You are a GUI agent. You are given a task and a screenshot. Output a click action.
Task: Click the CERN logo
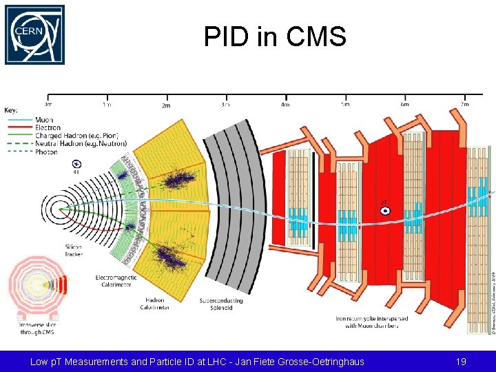34,35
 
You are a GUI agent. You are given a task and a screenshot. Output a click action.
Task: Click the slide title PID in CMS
274,37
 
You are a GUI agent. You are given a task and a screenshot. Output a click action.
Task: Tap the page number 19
461,361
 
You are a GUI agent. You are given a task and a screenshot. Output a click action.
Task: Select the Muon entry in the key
43,120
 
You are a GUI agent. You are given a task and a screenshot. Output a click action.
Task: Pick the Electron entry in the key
47,127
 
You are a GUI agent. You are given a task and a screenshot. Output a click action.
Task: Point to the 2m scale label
165,105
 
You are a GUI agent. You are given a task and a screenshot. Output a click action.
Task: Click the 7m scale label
464,104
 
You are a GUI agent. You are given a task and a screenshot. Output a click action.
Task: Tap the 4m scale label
285,105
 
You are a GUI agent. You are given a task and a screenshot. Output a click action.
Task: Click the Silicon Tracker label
73,251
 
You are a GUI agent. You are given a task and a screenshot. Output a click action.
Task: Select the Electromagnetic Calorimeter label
116,281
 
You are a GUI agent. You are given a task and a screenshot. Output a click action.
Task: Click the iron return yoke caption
371,322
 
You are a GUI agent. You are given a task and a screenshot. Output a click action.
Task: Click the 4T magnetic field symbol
76,164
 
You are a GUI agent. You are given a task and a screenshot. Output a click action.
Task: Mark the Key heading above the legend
11,110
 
